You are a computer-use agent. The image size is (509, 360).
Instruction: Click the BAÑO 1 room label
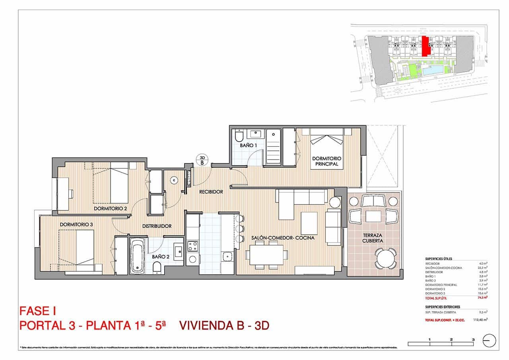pyautogui.click(x=249, y=146)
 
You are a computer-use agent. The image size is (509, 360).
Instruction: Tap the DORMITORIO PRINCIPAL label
pyautogui.click(x=326, y=161)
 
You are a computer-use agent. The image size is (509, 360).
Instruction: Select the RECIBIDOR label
pyautogui.click(x=211, y=192)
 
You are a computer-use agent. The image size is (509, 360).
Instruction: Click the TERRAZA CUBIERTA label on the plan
pyautogui.click(x=373, y=238)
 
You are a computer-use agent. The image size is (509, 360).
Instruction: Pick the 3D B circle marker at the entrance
pyautogui.click(x=202, y=160)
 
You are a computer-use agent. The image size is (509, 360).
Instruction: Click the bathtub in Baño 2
pyautogui.click(x=138, y=256)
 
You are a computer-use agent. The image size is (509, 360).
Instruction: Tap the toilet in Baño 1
pyautogui.click(x=239, y=137)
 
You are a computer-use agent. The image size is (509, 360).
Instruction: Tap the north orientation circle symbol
pyautogui.click(x=489, y=341)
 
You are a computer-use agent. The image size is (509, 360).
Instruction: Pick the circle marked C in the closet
pyautogui.click(x=173, y=180)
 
